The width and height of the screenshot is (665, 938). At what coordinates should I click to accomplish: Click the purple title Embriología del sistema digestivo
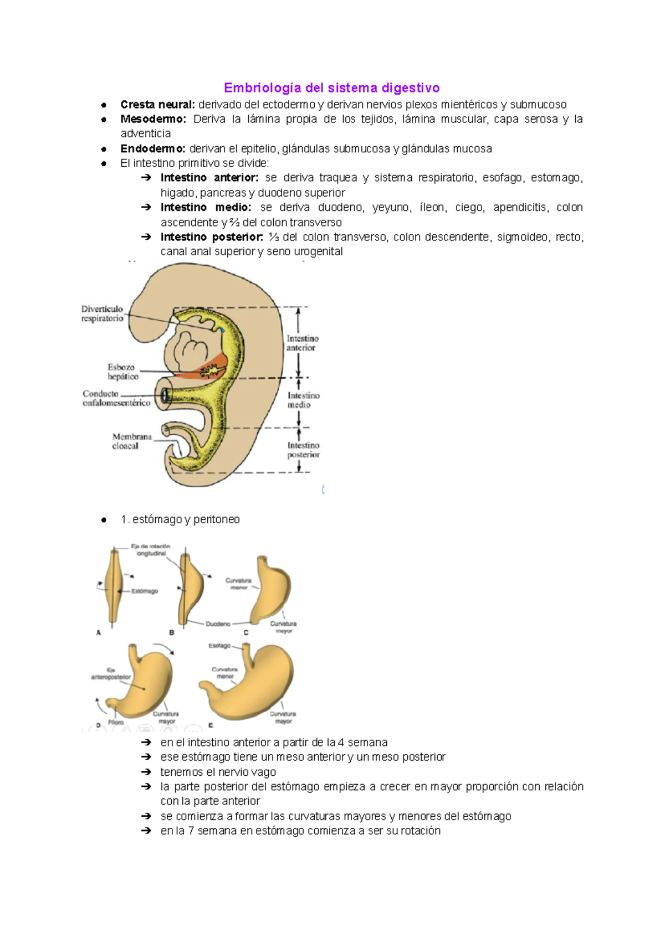pos(331,88)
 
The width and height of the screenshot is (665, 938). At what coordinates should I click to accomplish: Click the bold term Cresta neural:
pos(157,105)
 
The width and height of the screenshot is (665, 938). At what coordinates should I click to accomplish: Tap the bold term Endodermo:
pos(152,149)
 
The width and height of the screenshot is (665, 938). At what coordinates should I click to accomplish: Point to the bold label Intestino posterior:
pos(212,237)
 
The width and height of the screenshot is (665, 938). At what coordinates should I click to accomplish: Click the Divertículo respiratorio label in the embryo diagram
pos(103,313)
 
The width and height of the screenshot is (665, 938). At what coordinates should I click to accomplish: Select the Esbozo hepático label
pos(122,372)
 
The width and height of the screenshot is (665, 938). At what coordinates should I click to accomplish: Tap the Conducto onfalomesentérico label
pos(116,398)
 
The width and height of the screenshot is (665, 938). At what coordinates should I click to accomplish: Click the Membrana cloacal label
pos(131,441)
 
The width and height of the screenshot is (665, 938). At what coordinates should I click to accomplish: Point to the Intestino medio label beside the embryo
pos(303,400)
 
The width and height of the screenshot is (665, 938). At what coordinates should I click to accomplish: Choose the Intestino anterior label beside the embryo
pos(302,343)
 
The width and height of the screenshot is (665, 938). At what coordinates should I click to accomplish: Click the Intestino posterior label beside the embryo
pos(303,450)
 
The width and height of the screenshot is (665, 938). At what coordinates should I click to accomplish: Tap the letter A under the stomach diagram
pos(99,632)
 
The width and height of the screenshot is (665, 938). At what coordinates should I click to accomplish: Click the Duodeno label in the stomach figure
pos(218,624)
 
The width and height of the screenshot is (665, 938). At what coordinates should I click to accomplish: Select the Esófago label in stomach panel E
pos(219,646)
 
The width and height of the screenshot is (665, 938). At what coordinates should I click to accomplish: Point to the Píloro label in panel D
pos(116,722)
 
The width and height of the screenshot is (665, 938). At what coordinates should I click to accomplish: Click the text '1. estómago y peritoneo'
pos(180,519)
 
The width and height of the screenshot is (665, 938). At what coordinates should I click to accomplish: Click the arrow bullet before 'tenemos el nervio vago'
pos(146,772)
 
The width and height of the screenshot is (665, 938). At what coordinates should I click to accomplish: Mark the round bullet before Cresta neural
pos(104,105)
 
